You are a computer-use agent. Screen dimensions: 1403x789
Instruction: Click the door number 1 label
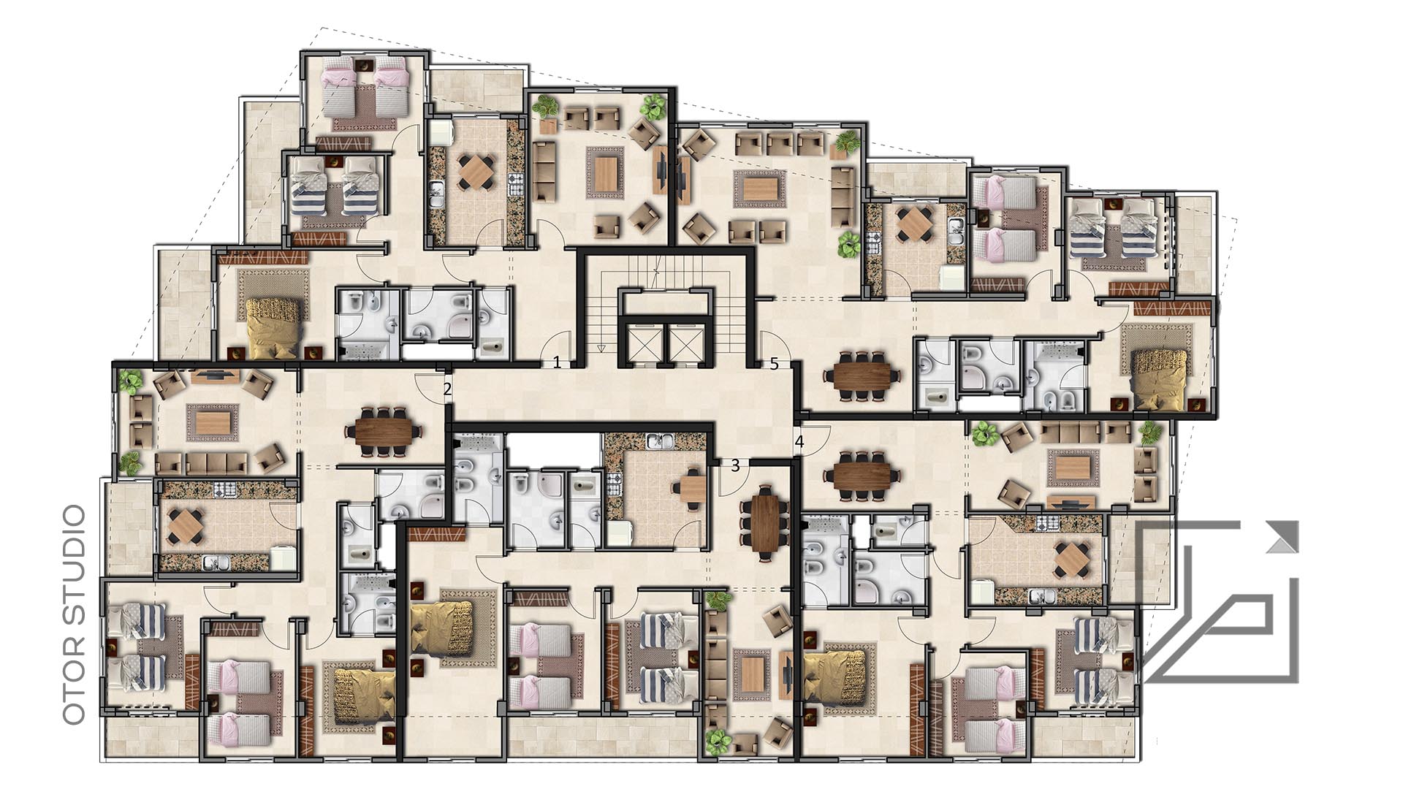pyautogui.click(x=557, y=362)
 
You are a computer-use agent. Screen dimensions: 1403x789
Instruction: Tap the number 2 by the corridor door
pyautogui.click(x=447, y=389)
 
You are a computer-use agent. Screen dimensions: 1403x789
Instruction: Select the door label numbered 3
pyautogui.click(x=735, y=465)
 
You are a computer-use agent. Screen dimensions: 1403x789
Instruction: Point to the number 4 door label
pyautogui.click(x=799, y=442)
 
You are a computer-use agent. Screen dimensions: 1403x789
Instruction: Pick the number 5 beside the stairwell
pyautogui.click(x=775, y=364)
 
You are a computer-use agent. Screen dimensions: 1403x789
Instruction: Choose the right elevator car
pyautogui.click(x=686, y=342)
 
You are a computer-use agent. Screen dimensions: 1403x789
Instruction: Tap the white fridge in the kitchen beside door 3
pyautogui.click(x=617, y=534)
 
